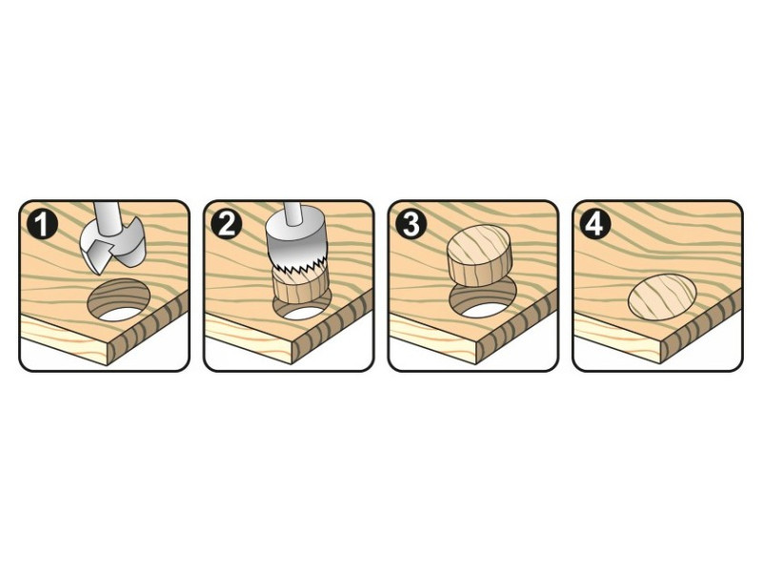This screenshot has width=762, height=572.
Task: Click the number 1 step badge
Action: click(x=42, y=225)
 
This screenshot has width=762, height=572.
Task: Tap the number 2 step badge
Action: click(x=227, y=225)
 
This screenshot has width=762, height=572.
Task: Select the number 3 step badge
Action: click(x=411, y=225)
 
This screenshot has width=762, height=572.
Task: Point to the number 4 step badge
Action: click(x=595, y=225)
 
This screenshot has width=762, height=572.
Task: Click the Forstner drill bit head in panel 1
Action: click(x=112, y=245)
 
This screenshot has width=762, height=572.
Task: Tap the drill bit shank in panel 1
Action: click(x=109, y=215)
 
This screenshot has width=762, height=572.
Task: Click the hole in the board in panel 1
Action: click(x=119, y=299)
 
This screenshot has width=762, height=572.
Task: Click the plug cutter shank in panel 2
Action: click(x=293, y=213)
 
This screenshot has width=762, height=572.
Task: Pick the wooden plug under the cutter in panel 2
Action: click(x=300, y=288)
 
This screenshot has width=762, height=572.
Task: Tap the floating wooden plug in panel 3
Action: click(x=479, y=255)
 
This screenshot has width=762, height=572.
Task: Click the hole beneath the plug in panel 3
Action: click(x=482, y=300)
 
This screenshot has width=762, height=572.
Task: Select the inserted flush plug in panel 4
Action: click(x=662, y=297)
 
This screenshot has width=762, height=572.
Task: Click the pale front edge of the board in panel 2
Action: click(x=248, y=340)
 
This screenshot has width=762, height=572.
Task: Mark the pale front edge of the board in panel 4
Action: click(x=617, y=340)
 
